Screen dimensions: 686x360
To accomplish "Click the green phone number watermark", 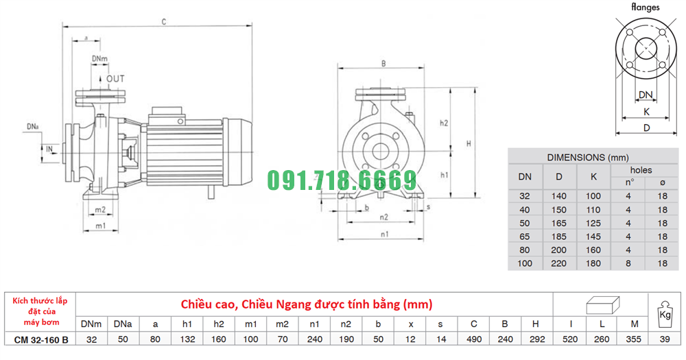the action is (x=342, y=180).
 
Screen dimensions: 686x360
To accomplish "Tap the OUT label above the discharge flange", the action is (x=115, y=79).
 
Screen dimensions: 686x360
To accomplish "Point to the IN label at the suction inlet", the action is (x=49, y=149).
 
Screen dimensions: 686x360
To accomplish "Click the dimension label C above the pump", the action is (x=164, y=22).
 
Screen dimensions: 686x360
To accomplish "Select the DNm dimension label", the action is (x=99, y=58).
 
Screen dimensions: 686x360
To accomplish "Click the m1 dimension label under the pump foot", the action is (x=101, y=226).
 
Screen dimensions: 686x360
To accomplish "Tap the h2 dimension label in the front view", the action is (x=444, y=123).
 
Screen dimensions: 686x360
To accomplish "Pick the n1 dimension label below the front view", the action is (x=384, y=235).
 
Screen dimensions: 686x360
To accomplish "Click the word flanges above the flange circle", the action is (x=645, y=7).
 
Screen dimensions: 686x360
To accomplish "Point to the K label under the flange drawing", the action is (x=647, y=112).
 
